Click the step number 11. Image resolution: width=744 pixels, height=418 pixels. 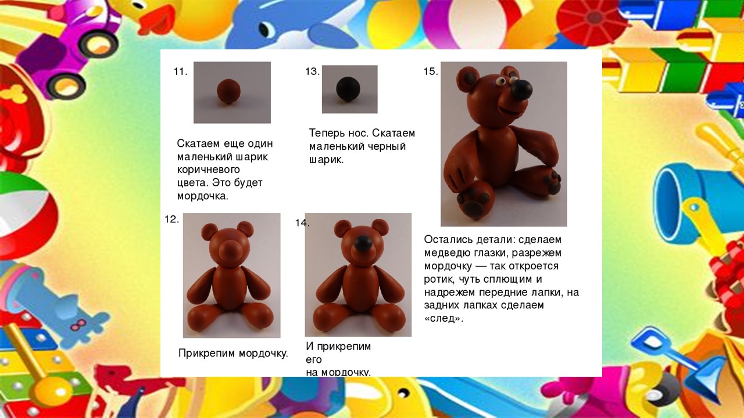click(x=180, y=71)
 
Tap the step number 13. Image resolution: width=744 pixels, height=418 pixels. click(x=312, y=71)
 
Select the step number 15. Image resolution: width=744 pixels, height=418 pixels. click(x=431, y=71)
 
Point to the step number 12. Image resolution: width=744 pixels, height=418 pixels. click(x=171, y=219)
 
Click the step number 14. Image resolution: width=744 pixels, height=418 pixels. click(x=302, y=223)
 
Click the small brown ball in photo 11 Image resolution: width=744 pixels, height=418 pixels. click(x=228, y=91)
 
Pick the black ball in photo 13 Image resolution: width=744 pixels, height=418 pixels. click(x=348, y=89)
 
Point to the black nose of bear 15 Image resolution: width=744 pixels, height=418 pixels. click(x=522, y=89)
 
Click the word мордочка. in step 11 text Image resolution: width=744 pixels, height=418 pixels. click(x=203, y=196)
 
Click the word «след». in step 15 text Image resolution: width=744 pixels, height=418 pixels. click(x=443, y=319)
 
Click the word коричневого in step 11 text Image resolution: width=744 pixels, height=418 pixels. click(x=208, y=170)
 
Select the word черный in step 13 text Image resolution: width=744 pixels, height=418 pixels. click(x=386, y=146)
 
